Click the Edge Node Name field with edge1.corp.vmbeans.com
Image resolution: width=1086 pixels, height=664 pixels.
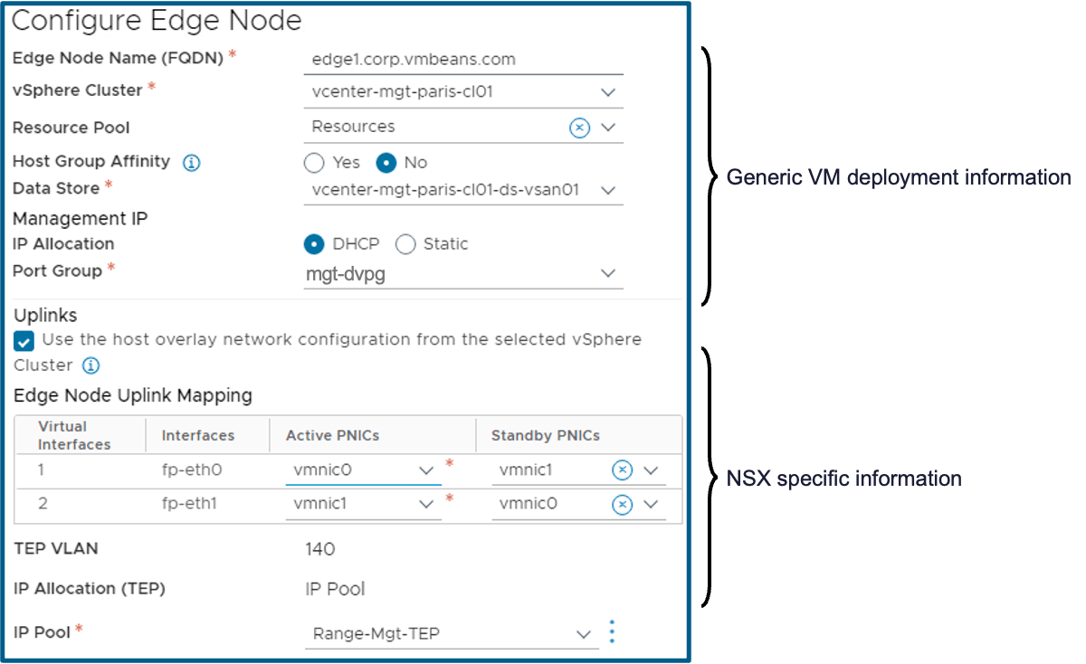(463, 60)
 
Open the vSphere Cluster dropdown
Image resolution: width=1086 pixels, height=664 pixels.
(607, 91)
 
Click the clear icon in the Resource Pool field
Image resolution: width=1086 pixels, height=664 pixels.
(579, 128)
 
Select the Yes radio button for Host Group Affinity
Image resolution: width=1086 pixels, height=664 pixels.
(314, 163)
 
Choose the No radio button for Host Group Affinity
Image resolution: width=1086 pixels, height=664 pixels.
(386, 163)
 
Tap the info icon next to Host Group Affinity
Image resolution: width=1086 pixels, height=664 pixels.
(191, 163)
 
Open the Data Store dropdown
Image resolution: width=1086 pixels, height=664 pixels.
(607, 190)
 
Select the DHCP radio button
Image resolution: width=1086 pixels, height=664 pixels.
(314, 244)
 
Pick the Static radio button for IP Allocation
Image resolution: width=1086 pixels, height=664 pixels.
(405, 244)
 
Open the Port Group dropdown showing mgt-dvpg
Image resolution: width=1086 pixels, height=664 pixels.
(607, 273)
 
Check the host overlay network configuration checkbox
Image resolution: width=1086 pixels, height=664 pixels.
(24, 341)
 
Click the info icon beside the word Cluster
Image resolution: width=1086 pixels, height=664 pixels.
(90, 365)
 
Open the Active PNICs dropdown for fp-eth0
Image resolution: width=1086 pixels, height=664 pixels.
(426, 470)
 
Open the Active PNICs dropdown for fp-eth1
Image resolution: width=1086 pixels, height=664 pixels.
(426, 504)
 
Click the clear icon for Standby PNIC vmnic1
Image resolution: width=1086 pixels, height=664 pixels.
(622, 470)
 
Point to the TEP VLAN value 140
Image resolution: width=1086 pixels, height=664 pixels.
(320, 549)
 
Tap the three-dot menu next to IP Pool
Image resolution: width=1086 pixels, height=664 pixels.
(613, 631)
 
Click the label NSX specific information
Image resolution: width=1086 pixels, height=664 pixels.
(843, 478)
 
